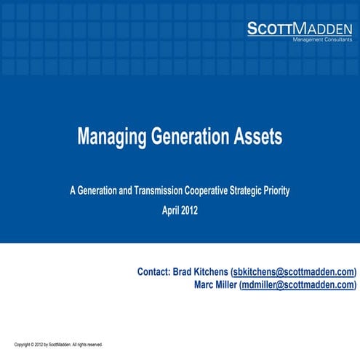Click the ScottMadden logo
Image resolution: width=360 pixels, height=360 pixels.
tap(299, 28)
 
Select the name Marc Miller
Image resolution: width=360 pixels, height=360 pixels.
tap(212, 285)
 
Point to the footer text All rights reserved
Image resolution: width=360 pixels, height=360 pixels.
tap(88, 344)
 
